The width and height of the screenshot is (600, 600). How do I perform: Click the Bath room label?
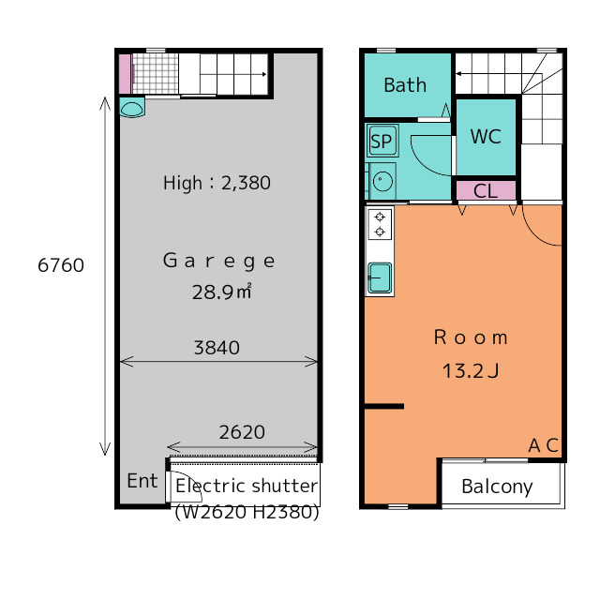coord(405,85)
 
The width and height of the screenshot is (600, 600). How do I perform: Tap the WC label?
coord(486,136)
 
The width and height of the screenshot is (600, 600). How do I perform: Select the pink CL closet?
coord(486,190)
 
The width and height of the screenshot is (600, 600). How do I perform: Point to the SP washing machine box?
coord(382,141)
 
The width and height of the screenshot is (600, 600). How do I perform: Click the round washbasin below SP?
coord(382,181)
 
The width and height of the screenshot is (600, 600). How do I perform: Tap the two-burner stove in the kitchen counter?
coord(380,224)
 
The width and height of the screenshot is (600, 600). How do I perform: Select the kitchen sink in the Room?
coord(379,277)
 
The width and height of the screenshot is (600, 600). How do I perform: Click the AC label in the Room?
coord(544,445)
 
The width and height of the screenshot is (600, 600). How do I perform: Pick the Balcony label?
coord(497,487)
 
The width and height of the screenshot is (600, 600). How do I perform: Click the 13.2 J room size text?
coord(471,371)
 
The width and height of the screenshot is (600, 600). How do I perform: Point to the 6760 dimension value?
coord(61,265)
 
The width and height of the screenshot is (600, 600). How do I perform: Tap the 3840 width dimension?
coord(217,348)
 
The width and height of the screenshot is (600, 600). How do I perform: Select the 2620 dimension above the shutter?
coord(242,432)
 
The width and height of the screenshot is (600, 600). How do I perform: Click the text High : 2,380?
coord(217,183)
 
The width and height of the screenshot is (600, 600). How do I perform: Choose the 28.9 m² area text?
coord(222,292)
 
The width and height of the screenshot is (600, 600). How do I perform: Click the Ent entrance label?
coord(142,481)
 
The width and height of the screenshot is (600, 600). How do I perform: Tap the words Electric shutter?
coord(247,486)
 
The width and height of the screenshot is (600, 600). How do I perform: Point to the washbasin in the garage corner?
coord(131,108)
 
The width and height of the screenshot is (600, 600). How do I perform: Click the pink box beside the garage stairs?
coord(125,74)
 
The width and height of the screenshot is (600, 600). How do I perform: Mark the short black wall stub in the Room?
coord(383,406)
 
